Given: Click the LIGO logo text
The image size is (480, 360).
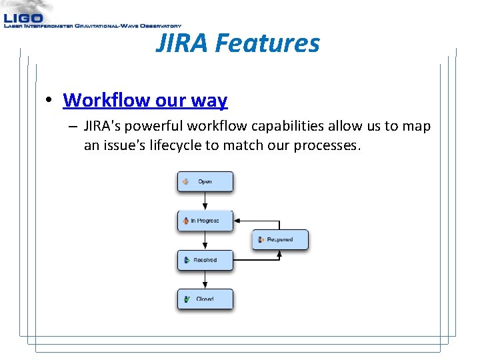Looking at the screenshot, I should pyautogui.click(x=23, y=18).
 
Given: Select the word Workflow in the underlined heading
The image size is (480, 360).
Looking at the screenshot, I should pyautogui.click(x=106, y=101).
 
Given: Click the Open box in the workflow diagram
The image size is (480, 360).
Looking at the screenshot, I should pyautogui.click(x=205, y=181).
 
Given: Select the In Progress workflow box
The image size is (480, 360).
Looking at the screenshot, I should pyautogui.click(x=205, y=221).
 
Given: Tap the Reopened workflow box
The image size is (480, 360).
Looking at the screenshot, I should pyautogui.click(x=280, y=239).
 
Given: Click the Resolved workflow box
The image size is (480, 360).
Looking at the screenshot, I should pyautogui.click(x=205, y=260).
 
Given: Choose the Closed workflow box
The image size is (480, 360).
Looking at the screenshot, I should pyautogui.click(x=205, y=299).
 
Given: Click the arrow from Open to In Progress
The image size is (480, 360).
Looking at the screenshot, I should pyautogui.click(x=205, y=201).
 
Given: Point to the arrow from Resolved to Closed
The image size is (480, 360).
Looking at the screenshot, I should pyautogui.click(x=205, y=279).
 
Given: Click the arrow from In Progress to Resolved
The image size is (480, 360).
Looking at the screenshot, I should pyautogui.click(x=205, y=241).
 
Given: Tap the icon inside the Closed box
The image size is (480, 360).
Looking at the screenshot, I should pyautogui.click(x=187, y=299).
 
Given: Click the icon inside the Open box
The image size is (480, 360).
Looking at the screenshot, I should pyautogui.click(x=186, y=181).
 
